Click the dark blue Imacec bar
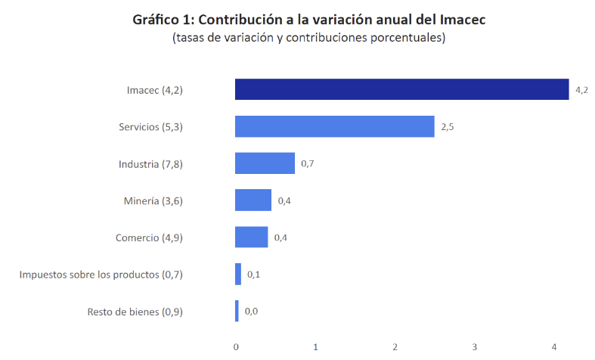401,89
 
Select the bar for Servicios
334,126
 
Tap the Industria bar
265,163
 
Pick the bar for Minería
253,200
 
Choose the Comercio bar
251,237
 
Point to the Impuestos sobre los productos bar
238,274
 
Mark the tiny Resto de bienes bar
237,311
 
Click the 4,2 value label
581,90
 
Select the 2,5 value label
447,127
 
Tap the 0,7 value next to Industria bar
307,164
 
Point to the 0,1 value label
253,275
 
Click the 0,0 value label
251,312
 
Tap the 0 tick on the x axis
236,346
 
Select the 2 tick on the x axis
395,346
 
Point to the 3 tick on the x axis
474,346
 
